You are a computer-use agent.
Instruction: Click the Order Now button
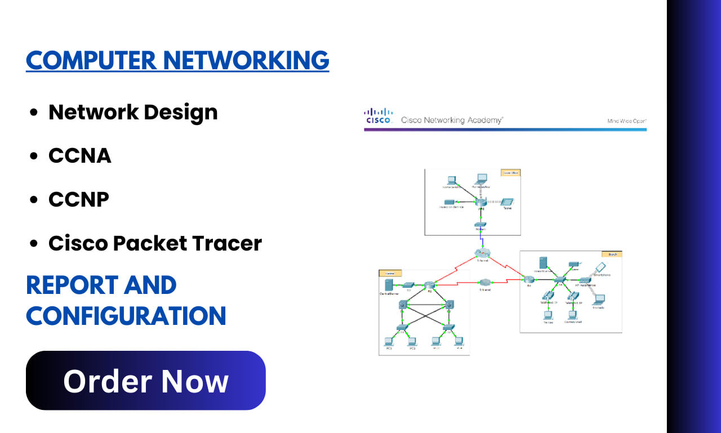(x=145, y=381)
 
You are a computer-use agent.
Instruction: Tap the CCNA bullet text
(x=80, y=155)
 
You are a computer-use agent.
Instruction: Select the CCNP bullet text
(x=79, y=199)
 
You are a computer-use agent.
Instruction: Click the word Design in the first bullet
(x=180, y=112)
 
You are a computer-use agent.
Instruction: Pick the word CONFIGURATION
(x=126, y=315)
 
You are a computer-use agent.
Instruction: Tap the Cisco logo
(x=379, y=116)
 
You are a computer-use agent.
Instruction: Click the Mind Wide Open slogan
(x=626, y=121)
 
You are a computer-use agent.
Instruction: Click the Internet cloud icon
(x=483, y=254)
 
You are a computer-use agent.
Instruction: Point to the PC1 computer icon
(x=389, y=341)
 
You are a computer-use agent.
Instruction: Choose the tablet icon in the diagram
(x=508, y=202)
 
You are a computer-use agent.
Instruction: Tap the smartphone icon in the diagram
(x=600, y=267)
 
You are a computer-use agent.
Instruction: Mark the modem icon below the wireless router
(x=481, y=224)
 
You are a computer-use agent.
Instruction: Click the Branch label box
(x=612, y=255)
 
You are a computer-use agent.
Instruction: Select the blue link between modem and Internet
(x=481, y=239)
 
